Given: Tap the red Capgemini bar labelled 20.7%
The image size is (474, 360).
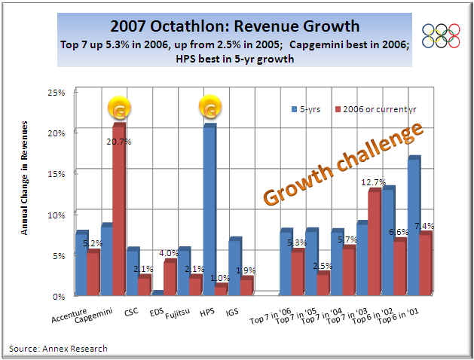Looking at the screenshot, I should (118, 211).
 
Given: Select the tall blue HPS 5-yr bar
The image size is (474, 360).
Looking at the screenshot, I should (209, 211).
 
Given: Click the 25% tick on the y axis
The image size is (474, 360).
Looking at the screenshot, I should (57, 93).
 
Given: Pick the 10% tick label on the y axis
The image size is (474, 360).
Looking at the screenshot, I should (57, 215).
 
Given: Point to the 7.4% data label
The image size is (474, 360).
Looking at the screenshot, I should (424, 226).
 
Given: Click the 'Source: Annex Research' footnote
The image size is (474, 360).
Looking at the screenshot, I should (59, 348).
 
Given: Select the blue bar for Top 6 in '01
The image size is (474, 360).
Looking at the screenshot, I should (413, 226).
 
